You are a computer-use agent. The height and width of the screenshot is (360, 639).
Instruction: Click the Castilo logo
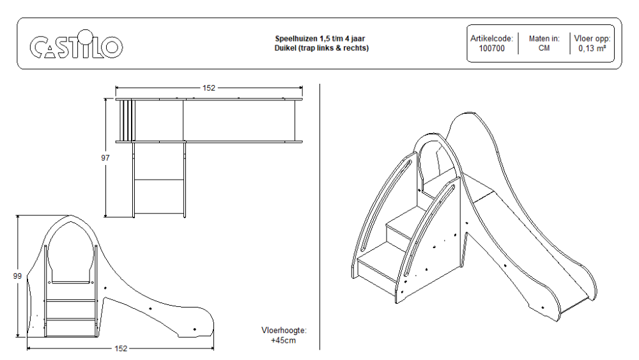pyautogui.click(x=76, y=46)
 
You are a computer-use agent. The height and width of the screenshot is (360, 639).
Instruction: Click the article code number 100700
pyautogui.click(x=491, y=48)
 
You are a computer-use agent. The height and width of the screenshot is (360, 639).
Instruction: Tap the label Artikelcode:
pyautogui.click(x=491, y=38)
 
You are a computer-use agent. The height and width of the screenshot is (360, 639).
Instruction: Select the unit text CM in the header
pyautogui.click(x=544, y=48)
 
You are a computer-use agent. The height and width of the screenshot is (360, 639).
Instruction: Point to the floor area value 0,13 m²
pyautogui.click(x=592, y=48)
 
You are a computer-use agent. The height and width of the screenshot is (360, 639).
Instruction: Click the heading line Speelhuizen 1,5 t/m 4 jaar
pyautogui.click(x=321, y=38)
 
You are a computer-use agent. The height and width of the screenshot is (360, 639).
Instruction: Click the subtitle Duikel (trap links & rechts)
pyautogui.click(x=321, y=48)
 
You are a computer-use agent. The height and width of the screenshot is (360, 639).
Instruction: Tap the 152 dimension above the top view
pyautogui.click(x=209, y=88)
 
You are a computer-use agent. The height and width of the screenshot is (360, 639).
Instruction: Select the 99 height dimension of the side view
pyautogui.click(x=17, y=276)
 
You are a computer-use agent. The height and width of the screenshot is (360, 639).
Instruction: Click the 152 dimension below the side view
pyautogui.click(x=121, y=348)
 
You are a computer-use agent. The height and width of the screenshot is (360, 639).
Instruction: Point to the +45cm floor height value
pyautogui.click(x=284, y=340)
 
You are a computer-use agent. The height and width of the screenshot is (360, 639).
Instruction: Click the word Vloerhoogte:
pyautogui.click(x=284, y=331)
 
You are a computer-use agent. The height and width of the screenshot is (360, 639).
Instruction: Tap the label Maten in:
pyautogui.click(x=544, y=38)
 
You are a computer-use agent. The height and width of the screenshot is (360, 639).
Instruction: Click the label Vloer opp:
pyautogui.click(x=592, y=38)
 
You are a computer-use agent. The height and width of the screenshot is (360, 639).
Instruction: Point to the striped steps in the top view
pyautogui.click(x=126, y=120)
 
